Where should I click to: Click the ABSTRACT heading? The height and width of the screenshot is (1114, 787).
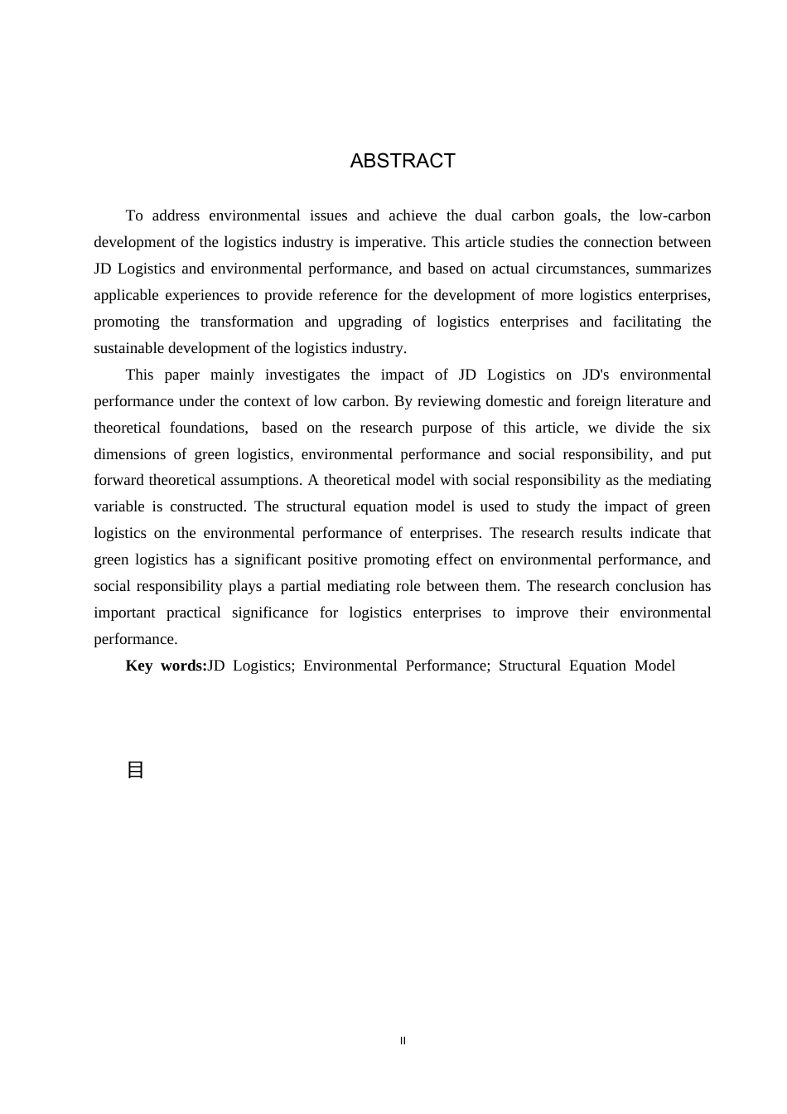[403, 161]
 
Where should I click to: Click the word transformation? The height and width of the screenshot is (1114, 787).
[247, 322]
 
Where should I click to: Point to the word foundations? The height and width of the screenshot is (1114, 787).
[209, 428]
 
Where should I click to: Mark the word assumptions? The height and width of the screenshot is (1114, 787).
[253, 480]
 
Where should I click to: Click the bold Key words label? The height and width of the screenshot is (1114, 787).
[166, 666]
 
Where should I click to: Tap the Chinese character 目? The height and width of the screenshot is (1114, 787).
[135, 770]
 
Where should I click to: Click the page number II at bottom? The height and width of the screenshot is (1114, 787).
[403, 1041]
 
